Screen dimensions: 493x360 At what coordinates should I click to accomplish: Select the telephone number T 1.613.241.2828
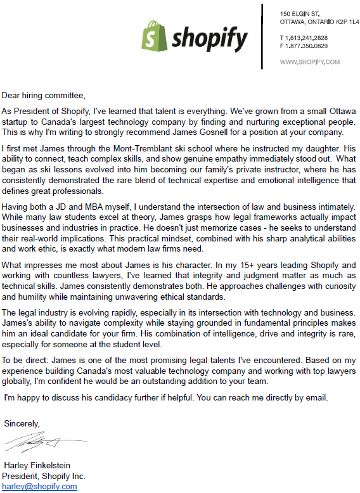point(304,37)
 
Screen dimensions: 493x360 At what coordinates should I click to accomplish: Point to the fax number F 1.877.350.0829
point(304,46)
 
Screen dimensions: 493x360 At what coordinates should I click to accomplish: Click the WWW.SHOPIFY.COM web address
point(310,61)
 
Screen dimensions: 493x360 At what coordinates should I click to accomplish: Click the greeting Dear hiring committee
point(43,96)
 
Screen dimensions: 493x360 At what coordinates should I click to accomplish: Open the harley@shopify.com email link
point(39,486)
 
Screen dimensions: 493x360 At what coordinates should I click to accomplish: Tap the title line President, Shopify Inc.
point(44,476)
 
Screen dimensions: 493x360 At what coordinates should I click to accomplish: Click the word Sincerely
point(22,423)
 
